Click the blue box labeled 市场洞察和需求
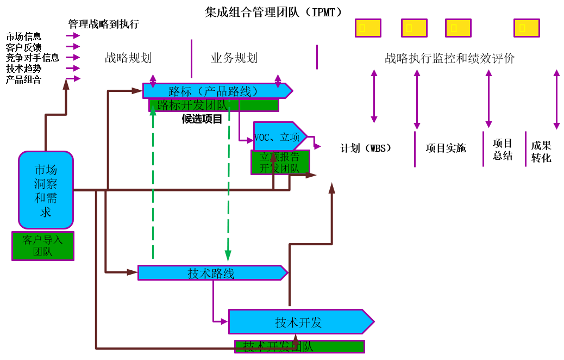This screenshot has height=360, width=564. [x=46, y=190]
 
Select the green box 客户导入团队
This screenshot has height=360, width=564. [x=43, y=246]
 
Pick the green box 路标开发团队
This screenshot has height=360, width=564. [x=214, y=105]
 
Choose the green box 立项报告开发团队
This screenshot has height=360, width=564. [x=280, y=163]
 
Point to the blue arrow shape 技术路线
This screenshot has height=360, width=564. [x=212, y=273]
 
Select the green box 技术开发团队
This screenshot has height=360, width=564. [x=299, y=346]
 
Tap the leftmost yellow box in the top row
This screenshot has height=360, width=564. [x=368, y=28]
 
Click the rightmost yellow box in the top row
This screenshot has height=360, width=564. [x=527, y=28]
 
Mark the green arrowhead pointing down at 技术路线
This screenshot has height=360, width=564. [x=228, y=256]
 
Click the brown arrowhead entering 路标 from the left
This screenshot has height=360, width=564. [x=137, y=91]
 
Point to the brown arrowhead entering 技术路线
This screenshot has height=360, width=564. [x=132, y=272]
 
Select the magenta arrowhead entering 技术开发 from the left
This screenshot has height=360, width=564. [x=224, y=321]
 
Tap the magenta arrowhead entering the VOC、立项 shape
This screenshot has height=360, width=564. [x=249, y=140]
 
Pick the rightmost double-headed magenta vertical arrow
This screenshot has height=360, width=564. [x=556, y=99]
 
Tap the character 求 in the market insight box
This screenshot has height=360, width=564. [x=46, y=212]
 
